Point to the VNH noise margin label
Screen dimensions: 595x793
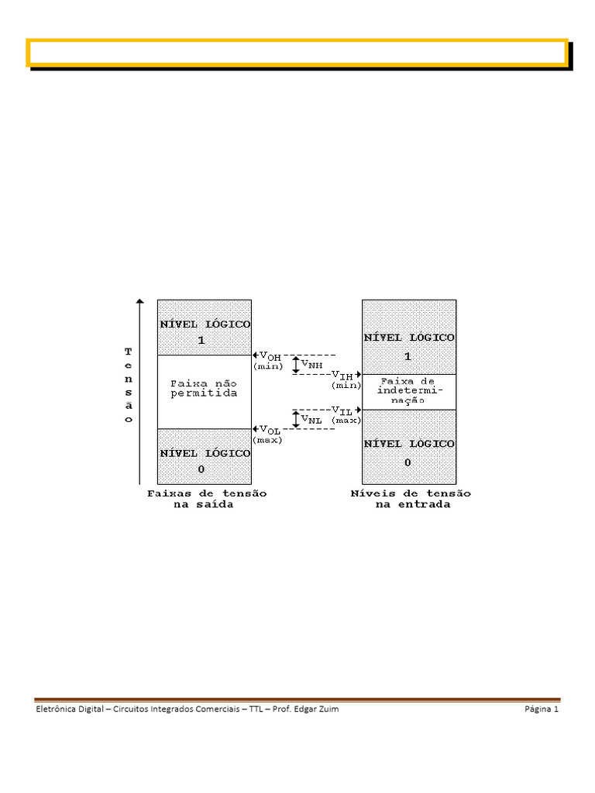tap(312, 364)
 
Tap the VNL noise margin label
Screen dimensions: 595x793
tap(311, 419)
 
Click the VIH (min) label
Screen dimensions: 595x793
tap(346, 379)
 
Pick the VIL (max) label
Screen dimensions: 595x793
tap(346, 415)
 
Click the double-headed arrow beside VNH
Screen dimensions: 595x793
tap(296, 365)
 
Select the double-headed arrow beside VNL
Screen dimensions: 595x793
tap(296, 419)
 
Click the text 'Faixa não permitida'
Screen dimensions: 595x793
tap(204, 389)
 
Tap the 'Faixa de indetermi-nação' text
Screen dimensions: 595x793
tap(408, 390)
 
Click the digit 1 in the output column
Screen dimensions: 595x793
tap(201, 340)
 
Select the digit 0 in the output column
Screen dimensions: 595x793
tap(201, 469)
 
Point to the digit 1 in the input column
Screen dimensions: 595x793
tap(408, 356)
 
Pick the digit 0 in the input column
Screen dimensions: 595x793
tap(408, 462)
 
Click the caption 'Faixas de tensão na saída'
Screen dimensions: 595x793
tap(207, 499)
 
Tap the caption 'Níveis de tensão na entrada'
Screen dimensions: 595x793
tap(411, 499)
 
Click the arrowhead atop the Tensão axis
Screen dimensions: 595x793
tap(140, 301)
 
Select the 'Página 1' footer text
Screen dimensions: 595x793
tap(542, 709)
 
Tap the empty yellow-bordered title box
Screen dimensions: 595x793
tap(297, 53)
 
